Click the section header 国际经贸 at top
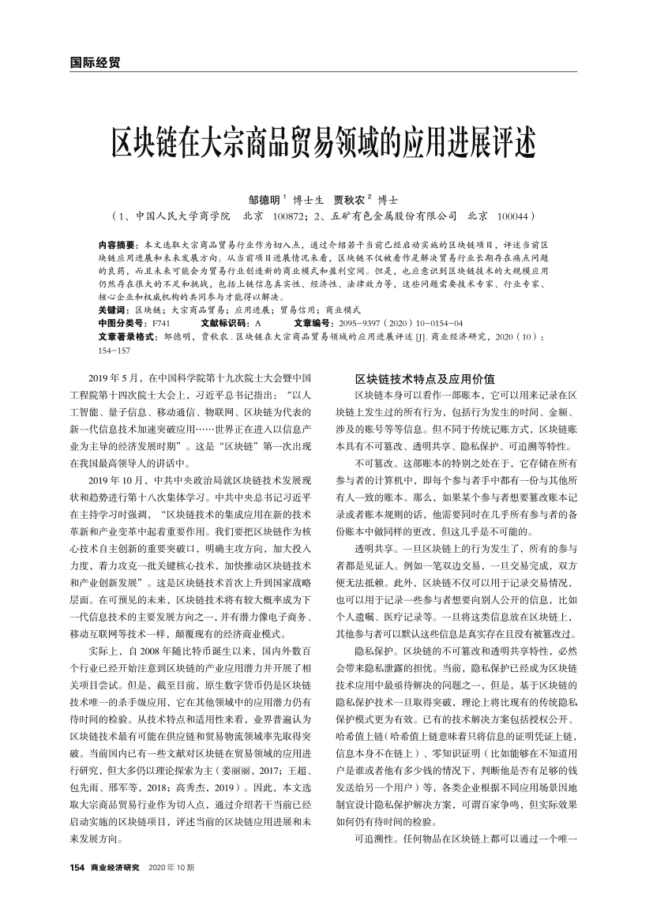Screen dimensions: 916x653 coord(89,62)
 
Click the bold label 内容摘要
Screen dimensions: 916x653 coord(116,246)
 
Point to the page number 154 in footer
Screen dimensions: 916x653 coord(77,868)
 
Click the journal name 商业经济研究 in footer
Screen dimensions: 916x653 coord(115,868)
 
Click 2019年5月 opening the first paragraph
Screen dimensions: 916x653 coord(116,379)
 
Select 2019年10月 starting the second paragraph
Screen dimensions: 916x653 coord(118,479)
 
